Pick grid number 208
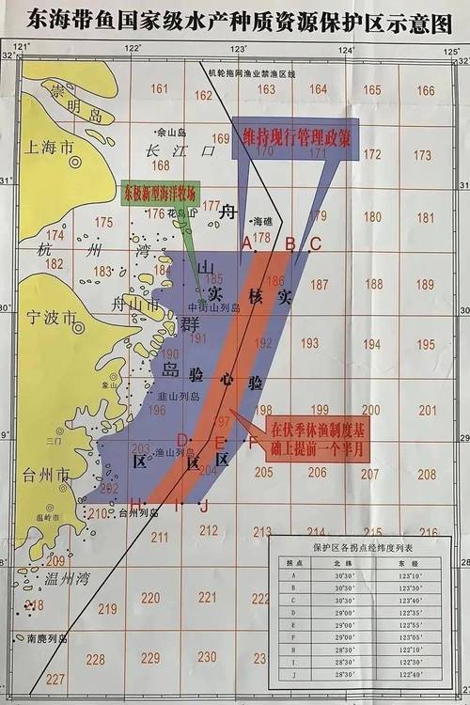click(427, 473)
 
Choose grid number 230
click(208, 656)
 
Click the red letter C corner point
click(315, 243)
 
